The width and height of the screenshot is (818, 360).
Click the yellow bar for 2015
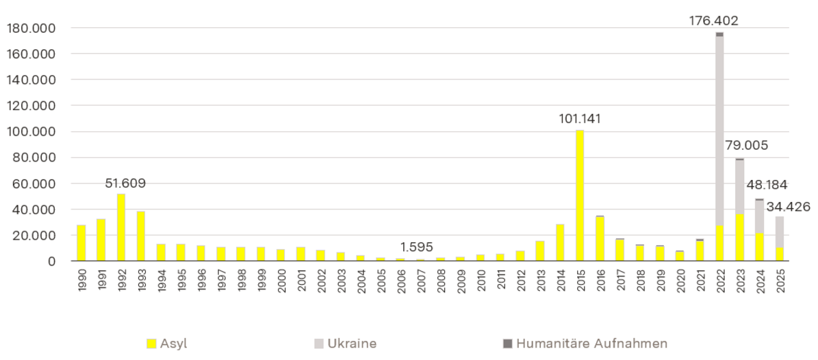(580, 196)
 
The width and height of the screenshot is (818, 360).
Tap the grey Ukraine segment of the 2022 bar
(719, 130)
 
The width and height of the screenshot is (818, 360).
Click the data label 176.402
(713, 21)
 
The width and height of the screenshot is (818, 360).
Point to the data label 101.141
(580, 118)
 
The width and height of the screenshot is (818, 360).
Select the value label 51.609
(125, 183)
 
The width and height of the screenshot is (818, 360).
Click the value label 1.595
(416, 246)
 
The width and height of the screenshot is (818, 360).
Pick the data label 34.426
(789, 206)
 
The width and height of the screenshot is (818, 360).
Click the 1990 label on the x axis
(81, 279)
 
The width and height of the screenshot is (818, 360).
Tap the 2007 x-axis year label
(420, 279)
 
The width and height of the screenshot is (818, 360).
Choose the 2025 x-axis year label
(780, 279)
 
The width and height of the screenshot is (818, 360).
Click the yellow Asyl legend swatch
(152, 344)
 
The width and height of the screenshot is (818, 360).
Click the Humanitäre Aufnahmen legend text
(591, 344)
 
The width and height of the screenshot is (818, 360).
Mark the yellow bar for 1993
(141, 236)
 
